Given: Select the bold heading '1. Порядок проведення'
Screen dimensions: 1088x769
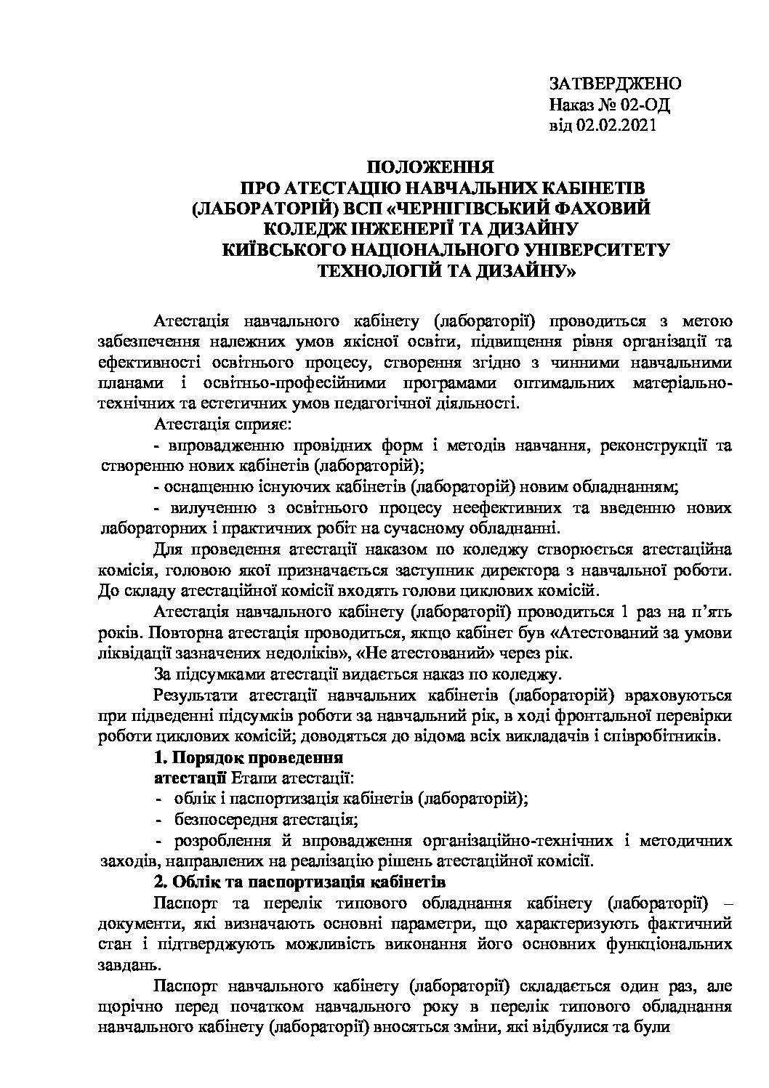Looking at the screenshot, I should (249, 757).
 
